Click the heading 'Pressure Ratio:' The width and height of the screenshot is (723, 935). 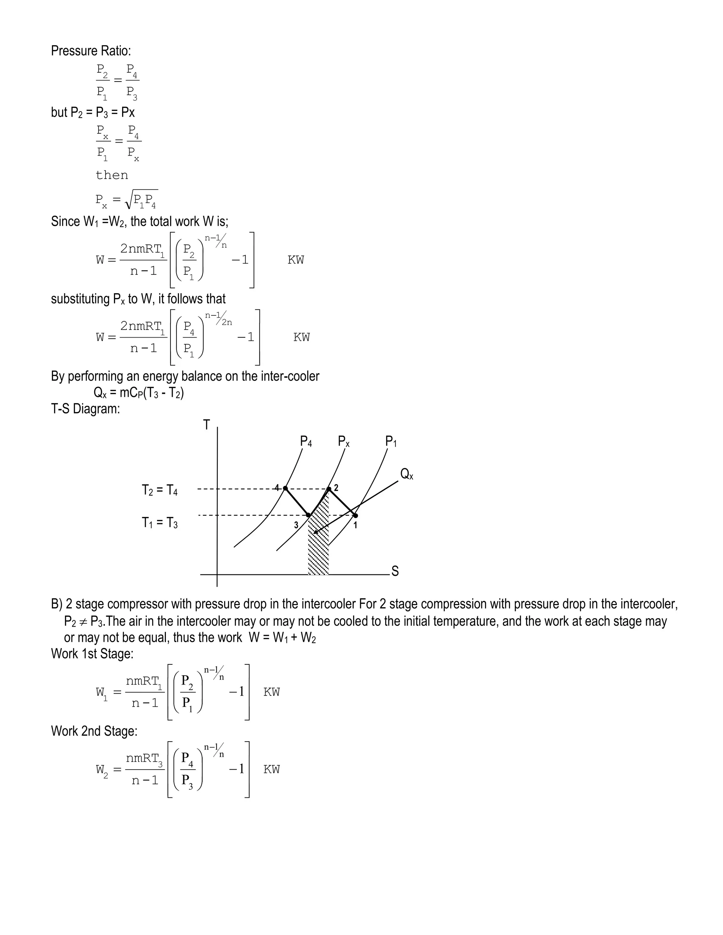pyautogui.click(x=91, y=51)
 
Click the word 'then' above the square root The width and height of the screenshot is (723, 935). pyautogui.click(x=112, y=175)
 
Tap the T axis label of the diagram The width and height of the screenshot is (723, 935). pyautogui.click(x=207, y=425)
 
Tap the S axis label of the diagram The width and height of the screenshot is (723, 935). pyautogui.click(x=395, y=571)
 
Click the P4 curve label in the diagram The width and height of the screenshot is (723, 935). pyautogui.click(x=306, y=441)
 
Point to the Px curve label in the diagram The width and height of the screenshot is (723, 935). pyautogui.click(x=343, y=441)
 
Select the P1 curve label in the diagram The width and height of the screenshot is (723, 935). pyautogui.click(x=391, y=441)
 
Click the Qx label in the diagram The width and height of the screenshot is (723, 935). pyautogui.click(x=406, y=474)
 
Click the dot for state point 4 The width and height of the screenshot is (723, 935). pyautogui.click(x=285, y=488)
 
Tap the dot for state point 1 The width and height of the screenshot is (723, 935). pyautogui.click(x=355, y=515)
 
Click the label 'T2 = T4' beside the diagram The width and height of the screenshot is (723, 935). pyautogui.click(x=160, y=490)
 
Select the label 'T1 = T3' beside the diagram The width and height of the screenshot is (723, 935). pyautogui.click(x=160, y=523)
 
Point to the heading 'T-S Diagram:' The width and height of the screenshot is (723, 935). pyautogui.click(x=85, y=409)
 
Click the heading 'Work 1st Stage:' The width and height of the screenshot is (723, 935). pyautogui.click(x=92, y=654)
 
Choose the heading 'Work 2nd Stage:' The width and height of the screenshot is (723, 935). pyautogui.click(x=94, y=731)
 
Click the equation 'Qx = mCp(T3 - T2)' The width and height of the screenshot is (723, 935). pyautogui.click(x=138, y=393)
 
